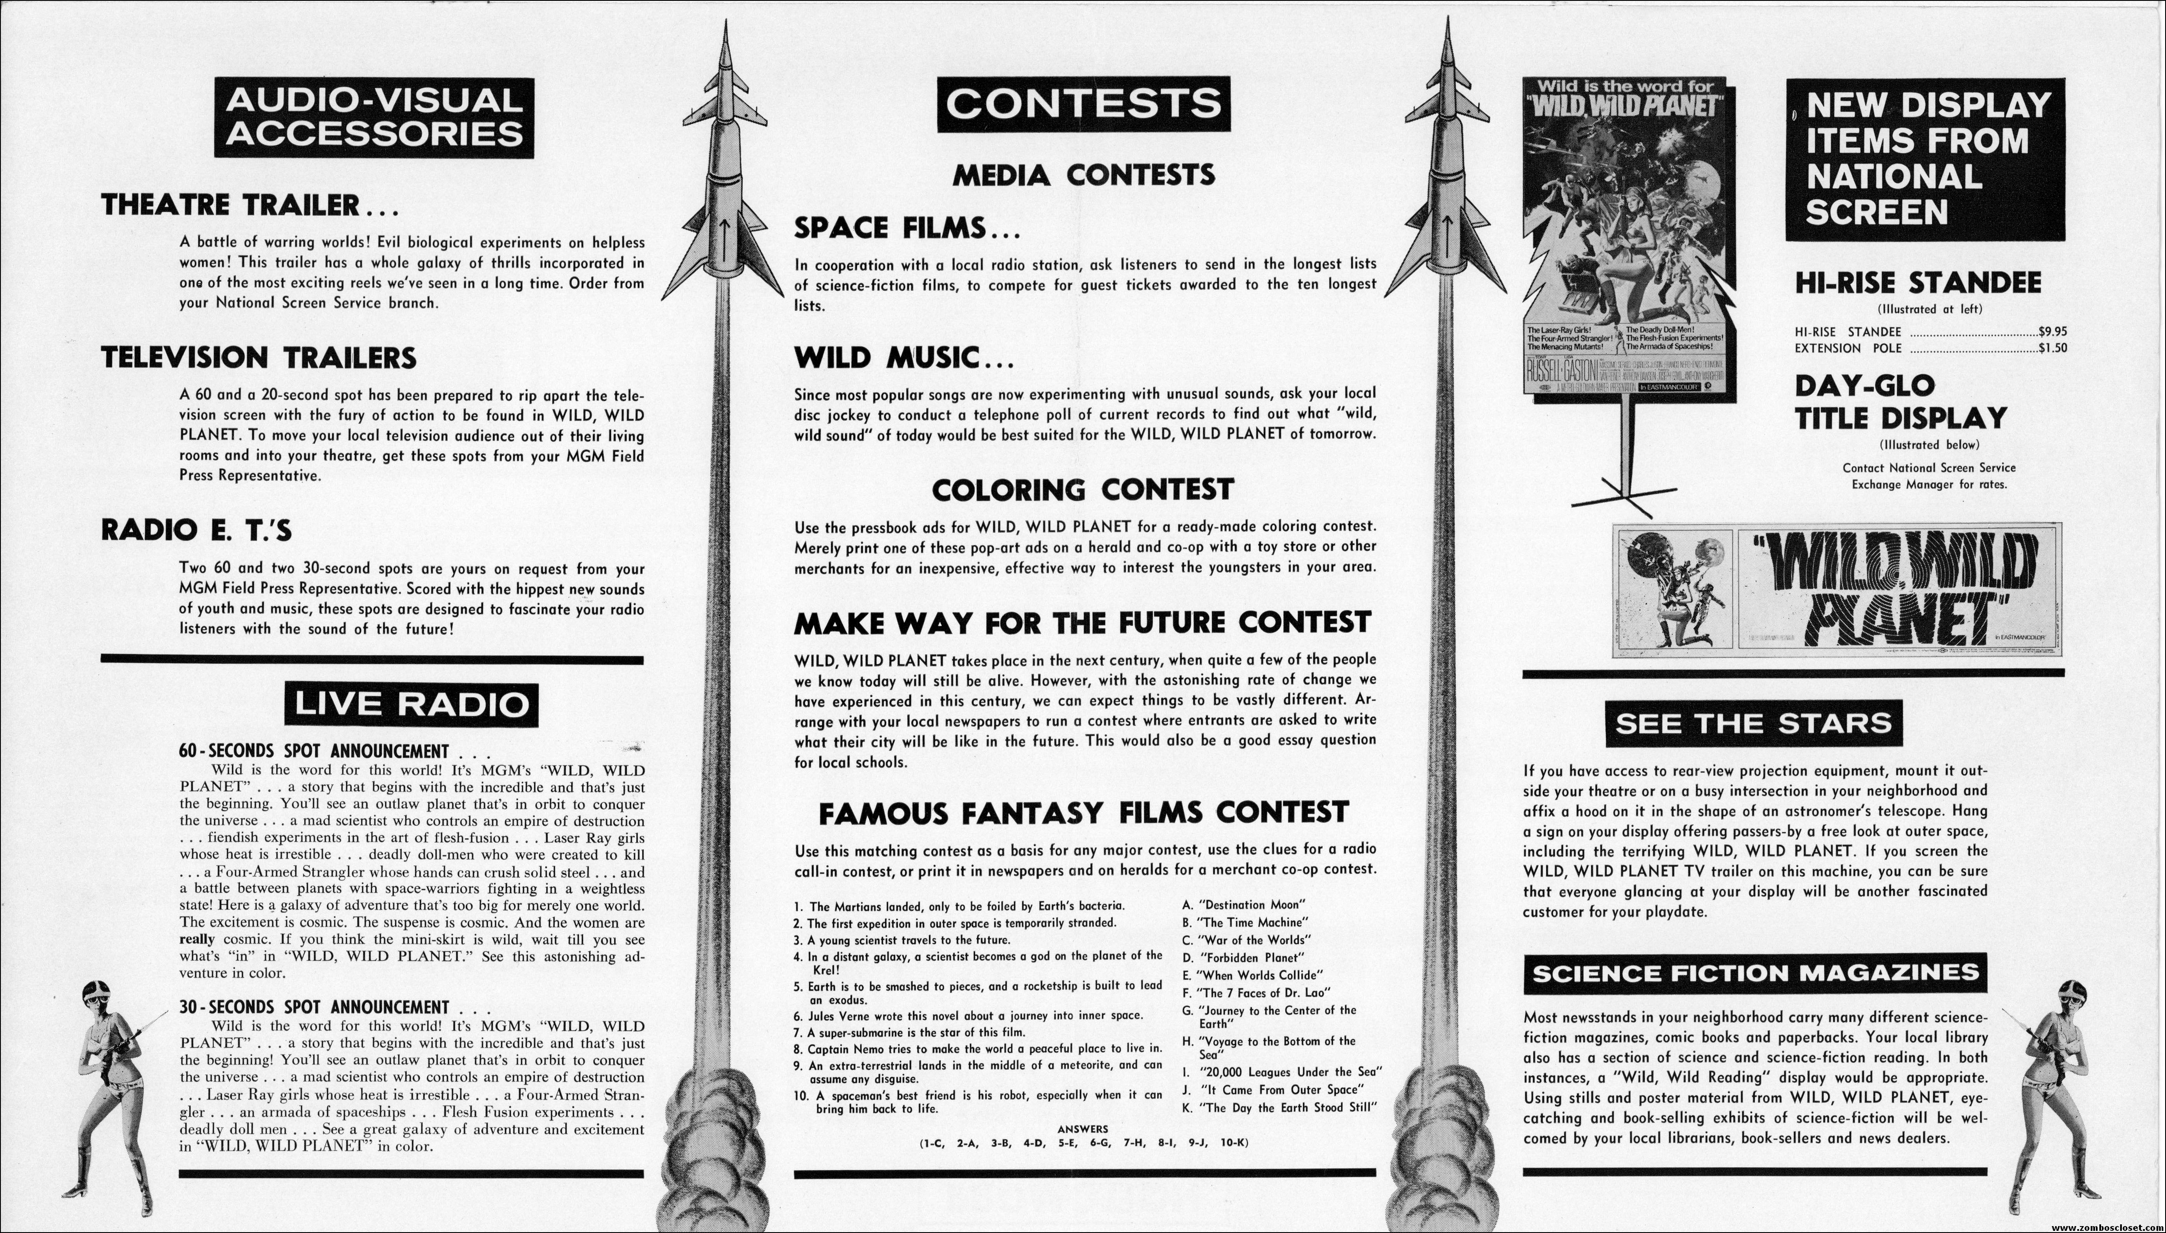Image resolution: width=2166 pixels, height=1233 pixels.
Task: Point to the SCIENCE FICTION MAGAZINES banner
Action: [1755, 974]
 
